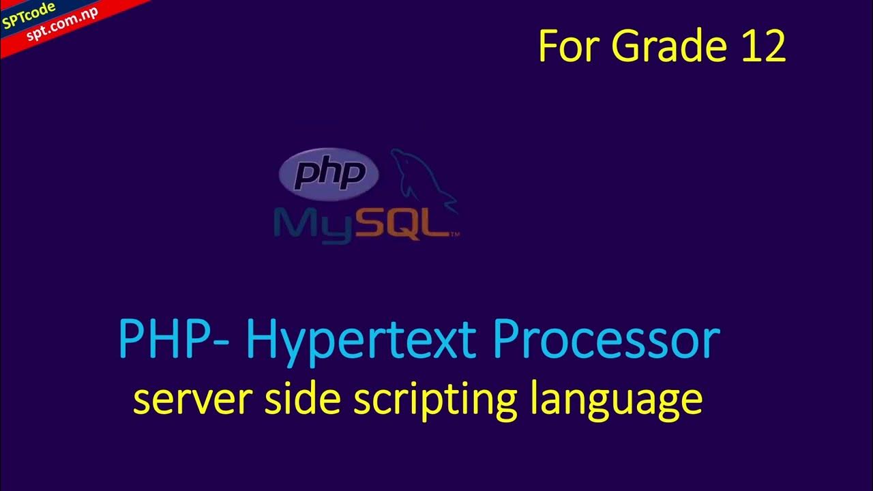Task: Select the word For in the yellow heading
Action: (569, 47)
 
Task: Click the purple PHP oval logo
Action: (329, 175)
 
